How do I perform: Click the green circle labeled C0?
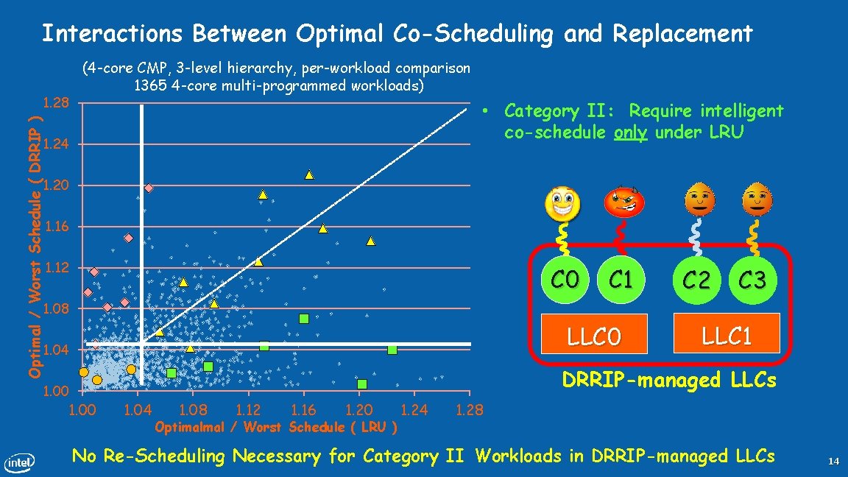point(566,280)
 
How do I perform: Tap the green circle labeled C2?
point(696,280)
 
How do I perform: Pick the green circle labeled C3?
point(752,280)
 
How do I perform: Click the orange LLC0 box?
point(593,337)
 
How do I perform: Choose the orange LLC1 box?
point(725,336)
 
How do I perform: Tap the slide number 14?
point(833,462)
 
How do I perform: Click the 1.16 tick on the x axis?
point(303,410)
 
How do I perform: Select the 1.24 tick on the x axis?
point(414,410)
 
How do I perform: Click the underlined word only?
point(629,132)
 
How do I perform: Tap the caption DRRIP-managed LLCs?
point(669,380)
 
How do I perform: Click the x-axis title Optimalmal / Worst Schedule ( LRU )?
point(276,427)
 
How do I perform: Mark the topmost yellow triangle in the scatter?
point(309,174)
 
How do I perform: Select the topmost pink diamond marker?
point(149,188)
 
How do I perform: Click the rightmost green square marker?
point(392,350)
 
